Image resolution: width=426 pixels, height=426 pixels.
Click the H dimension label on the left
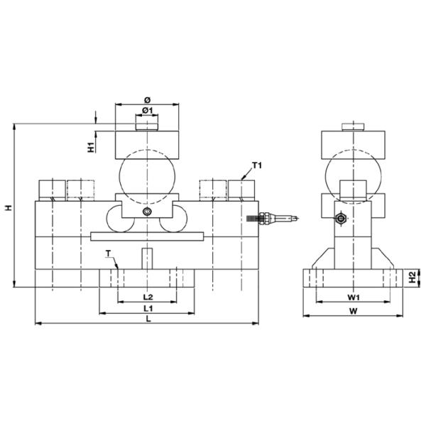point(9,208)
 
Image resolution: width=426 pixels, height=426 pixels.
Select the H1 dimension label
point(92,147)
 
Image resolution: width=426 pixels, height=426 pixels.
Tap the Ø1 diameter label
point(148,110)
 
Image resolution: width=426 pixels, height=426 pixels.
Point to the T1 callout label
point(257,165)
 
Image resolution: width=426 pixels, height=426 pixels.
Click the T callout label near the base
point(108,253)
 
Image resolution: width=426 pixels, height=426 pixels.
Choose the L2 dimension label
point(148,297)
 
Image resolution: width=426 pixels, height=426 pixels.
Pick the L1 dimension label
point(148,308)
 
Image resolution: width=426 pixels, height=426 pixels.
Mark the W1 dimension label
point(354,297)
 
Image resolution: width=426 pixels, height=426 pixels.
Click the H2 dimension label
point(413,277)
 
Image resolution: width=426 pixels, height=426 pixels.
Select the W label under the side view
point(353,311)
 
